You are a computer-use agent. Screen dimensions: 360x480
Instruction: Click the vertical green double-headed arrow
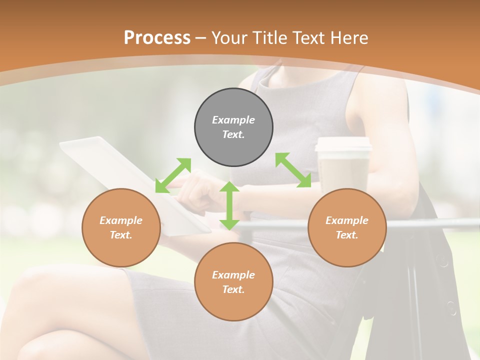(229, 205)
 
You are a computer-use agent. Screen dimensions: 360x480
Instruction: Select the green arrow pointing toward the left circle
(173, 175)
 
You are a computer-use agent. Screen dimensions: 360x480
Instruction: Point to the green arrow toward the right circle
(293, 170)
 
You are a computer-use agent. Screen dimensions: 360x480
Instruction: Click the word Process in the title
(157, 37)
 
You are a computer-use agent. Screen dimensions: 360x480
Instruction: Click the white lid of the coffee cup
(343, 144)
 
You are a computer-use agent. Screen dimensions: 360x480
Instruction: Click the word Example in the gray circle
(233, 120)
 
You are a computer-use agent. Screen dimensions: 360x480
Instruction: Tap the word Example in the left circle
(121, 220)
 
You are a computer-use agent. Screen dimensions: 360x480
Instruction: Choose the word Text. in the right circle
(347, 235)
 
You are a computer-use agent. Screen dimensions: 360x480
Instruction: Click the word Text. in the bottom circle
(233, 289)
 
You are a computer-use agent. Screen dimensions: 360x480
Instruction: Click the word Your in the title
(228, 37)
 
